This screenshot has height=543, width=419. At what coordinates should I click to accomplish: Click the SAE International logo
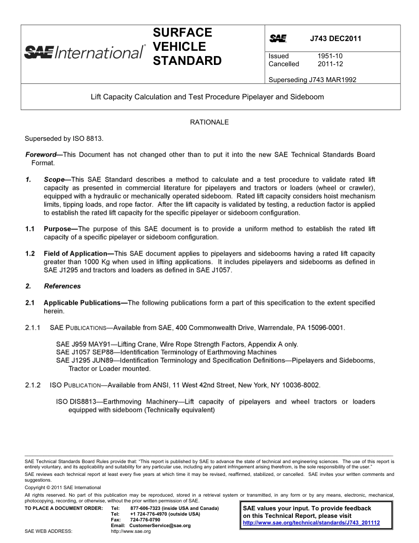(x=84, y=52)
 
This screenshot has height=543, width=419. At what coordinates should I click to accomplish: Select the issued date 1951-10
(x=330, y=56)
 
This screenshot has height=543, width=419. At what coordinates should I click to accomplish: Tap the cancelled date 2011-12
(x=330, y=64)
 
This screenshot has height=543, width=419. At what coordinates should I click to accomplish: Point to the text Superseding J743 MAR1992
(x=312, y=80)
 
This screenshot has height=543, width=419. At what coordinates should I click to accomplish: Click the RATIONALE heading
(x=209, y=122)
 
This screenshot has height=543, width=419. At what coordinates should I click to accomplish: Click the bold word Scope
(x=53, y=180)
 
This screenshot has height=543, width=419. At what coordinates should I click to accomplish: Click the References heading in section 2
(x=62, y=286)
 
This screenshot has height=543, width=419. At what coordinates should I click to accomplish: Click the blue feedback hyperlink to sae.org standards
(x=311, y=523)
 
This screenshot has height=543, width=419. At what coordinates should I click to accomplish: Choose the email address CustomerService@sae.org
(x=160, y=526)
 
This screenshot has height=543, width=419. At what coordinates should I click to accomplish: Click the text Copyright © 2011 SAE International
(x=63, y=487)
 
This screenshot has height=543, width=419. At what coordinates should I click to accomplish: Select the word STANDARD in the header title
(x=187, y=61)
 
